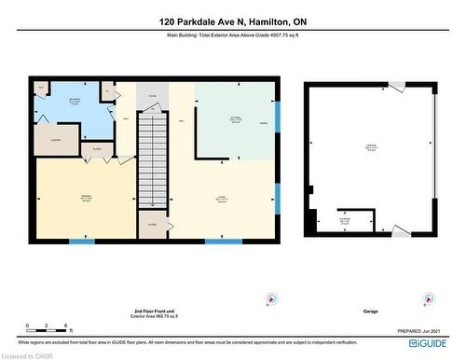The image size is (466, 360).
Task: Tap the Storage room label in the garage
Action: click(x=347, y=222)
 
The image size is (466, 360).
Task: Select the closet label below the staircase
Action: click(x=151, y=224)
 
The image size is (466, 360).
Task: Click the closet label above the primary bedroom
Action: click(x=96, y=148)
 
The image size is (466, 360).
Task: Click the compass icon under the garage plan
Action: click(x=429, y=299)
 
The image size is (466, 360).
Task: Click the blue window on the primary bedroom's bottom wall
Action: click(x=82, y=242)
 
